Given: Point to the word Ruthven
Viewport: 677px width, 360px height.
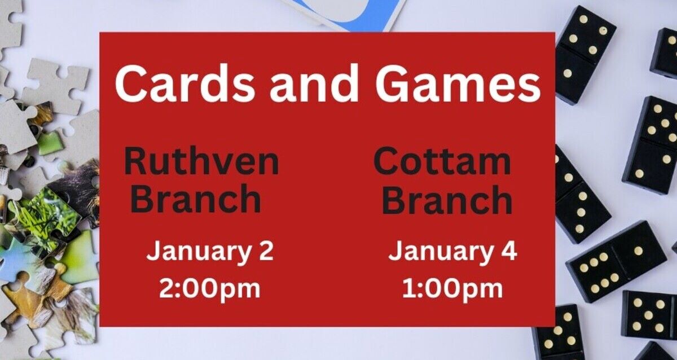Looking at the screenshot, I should pyautogui.click(x=201, y=161).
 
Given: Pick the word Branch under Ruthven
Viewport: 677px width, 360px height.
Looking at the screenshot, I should pyautogui.click(x=199, y=199).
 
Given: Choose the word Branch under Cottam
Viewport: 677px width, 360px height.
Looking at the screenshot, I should pyautogui.click(x=447, y=199).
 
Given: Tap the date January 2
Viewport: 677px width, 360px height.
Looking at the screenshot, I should pyautogui.click(x=210, y=252).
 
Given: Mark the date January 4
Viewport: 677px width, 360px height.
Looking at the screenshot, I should pyautogui.click(x=452, y=252).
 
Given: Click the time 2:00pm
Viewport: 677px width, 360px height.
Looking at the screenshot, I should pyautogui.click(x=209, y=289).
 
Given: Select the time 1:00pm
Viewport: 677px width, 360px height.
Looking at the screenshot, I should pyautogui.click(x=452, y=289).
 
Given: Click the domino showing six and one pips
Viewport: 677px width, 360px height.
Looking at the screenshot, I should pyautogui.click(x=616, y=261).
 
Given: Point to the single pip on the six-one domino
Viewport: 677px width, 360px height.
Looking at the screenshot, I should pyautogui.click(x=638, y=250).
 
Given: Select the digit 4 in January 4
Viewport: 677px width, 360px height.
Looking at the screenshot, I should pyautogui.click(x=509, y=252).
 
